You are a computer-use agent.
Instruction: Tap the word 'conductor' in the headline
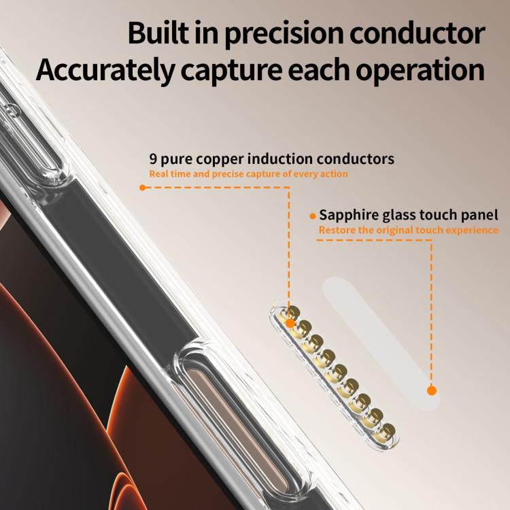click(x=418, y=33)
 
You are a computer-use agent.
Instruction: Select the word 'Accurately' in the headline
click(x=105, y=70)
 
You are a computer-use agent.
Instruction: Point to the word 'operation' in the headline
click(x=420, y=70)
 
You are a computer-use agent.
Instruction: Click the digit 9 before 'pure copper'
click(x=153, y=159)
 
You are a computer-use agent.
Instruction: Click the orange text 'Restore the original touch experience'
click(x=409, y=231)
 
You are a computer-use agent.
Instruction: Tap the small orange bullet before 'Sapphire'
click(x=313, y=216)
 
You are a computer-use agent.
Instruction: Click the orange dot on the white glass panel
click(x=432, y=390)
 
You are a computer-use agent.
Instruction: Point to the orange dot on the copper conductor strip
click(x=290, y=323)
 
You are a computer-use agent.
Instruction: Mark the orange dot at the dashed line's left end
click(x=142, y=188)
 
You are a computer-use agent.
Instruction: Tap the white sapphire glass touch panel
click(x=381, y=343)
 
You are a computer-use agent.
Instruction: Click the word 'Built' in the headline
click(x=158, y=33)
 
